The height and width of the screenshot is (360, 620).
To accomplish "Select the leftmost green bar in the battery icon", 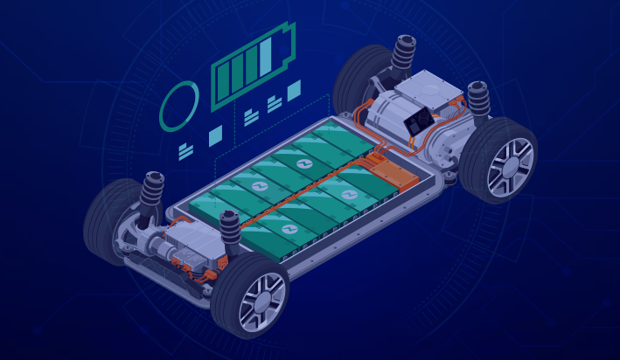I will pyautogui.click(x=221, y=83).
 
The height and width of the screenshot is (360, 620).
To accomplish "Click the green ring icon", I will pyautogui.click(x=180, y=106).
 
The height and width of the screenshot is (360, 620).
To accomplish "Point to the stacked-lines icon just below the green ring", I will pyautogui.click(x=185, y=151).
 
